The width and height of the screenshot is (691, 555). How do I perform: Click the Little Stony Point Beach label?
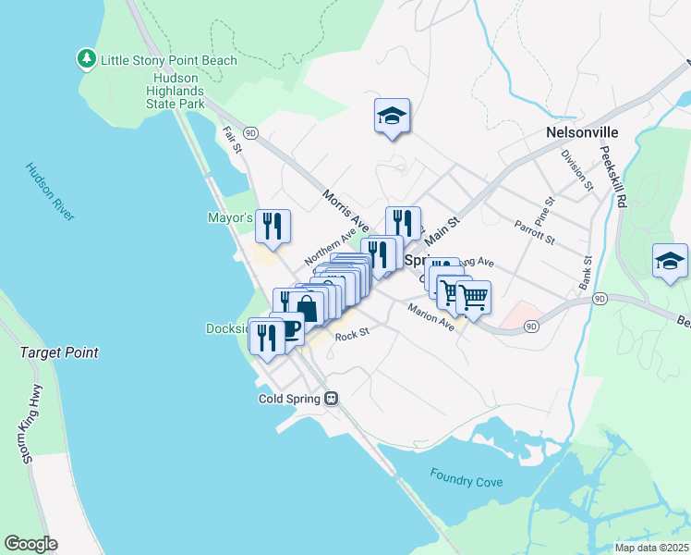pyautogui.click(x=169, y=60)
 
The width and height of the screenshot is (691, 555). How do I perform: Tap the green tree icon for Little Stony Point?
pyautogui.click(x=87, y=59)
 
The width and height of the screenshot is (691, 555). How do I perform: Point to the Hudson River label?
pyautogui.click(x=50, y=192)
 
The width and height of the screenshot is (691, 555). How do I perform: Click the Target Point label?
pyautogui.click(x=59, y=352)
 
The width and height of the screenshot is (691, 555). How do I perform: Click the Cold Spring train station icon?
pyautogui.click(x=331, y=399)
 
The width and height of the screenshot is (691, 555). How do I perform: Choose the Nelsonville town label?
pyautogui.click(x=582, y=132)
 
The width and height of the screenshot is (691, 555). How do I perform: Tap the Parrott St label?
pyautogui.click(x=535, y=232)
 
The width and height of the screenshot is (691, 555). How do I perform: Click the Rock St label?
pyautogui.click(x=352, y=336)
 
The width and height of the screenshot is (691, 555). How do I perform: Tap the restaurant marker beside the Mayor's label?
pyautogui.click(x=273, y=227)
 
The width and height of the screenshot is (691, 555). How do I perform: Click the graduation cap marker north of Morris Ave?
pyautogui.click(x=392, y=117)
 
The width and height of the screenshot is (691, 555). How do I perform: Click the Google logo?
pyautogui.click(x=30, y=544)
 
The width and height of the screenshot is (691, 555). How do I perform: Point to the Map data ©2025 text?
pyautogui.click(x=650, y=548)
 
